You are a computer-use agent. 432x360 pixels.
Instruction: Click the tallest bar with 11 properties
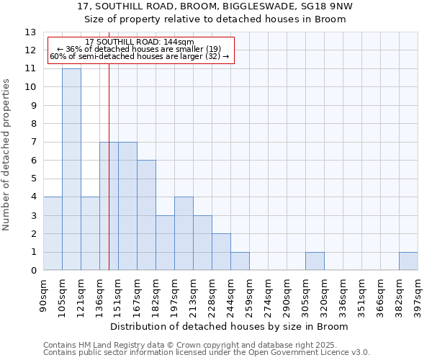click(71, 169)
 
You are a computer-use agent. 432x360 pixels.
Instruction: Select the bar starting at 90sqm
click(53, 233)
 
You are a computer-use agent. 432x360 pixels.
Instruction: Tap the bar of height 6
click(146, 215)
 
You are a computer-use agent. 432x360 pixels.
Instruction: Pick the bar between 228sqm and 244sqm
click(221, 252)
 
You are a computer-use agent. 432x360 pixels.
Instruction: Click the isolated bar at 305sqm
click(315, 261)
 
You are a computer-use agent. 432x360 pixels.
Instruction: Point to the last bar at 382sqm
click(408, 261)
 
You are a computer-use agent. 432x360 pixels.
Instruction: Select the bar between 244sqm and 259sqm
click(240, 261)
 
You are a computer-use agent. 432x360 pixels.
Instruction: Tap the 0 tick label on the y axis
click(33, 271)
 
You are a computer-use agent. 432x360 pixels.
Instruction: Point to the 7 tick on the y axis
click(33, 143)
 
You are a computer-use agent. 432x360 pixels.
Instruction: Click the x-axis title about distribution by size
click(230, 327)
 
